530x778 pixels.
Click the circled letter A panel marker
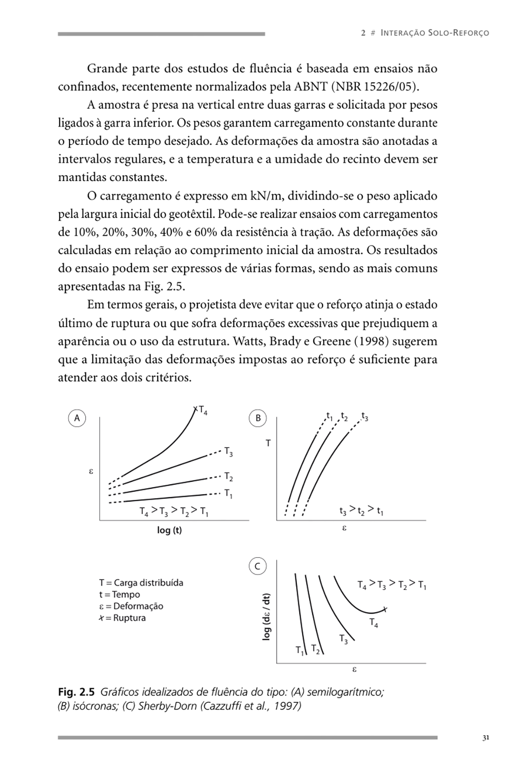(77, 418)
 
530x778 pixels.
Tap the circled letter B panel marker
(258, 418)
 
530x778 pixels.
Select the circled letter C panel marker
(257, 567)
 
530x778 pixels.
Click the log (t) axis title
(169, 530)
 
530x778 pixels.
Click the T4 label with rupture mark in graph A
(201, 410)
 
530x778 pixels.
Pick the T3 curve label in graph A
(228, 452)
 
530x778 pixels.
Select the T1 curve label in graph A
(228, 493)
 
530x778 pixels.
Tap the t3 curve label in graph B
(365, 416)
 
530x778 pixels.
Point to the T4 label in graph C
(374, 623)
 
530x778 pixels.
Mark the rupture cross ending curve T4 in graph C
(385, 610)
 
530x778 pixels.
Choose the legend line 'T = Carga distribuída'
(141, 583)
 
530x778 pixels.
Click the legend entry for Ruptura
(122, 618)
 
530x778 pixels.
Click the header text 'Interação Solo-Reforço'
(435, 33)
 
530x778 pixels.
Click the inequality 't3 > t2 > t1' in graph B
(361, 511)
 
